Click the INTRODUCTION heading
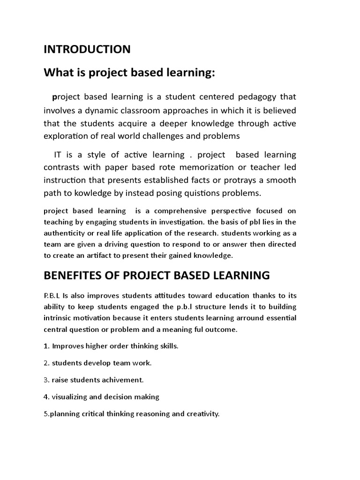tap(87, 49)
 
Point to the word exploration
tap(67, 136)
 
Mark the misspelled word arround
tap(235, 318)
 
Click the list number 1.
tap(46, 346)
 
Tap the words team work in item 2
tap(135, 363)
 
